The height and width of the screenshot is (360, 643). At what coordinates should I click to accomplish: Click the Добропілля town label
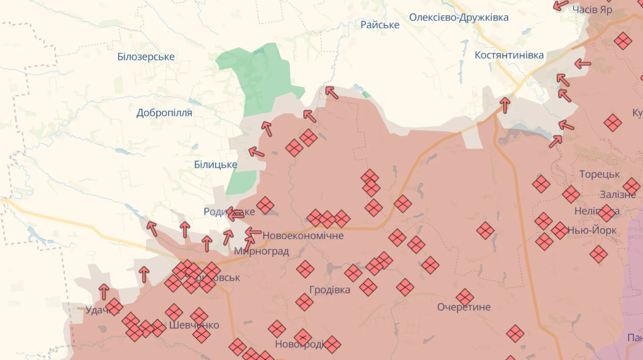(x=164, y=113)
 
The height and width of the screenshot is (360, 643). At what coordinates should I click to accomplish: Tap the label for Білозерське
(x=146, y=57)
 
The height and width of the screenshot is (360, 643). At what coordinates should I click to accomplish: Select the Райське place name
(x=380, y=25)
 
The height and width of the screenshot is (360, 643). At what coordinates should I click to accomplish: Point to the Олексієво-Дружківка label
(x=459, y=17)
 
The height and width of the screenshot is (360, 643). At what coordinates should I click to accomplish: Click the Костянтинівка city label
(x=509, y=55)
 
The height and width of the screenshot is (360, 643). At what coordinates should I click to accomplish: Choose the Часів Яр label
(x=593, y=10)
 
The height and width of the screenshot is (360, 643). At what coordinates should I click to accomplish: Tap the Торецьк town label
(x=599, y=174)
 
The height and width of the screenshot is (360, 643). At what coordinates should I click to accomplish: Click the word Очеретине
(x=464, y=307)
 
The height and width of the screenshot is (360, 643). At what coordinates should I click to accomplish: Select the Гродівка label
(x=330, y=290)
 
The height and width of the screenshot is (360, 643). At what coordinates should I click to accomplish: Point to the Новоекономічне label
(x=303, y=236)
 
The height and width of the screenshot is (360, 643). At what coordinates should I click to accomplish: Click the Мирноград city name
(x=261, y=251)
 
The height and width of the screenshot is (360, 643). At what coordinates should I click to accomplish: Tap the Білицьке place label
(x=216, y=164)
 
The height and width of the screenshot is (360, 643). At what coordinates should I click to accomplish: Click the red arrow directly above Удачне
(x=104, y=291)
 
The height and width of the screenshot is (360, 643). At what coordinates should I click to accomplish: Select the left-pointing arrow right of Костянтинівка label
(x=583, y=64)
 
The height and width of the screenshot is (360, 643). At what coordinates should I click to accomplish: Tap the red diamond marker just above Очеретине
(x=465, y=296)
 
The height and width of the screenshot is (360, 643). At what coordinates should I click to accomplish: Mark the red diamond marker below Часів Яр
(x=623, y=41)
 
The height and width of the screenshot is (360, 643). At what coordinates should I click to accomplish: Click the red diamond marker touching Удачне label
(x=114, y=307)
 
